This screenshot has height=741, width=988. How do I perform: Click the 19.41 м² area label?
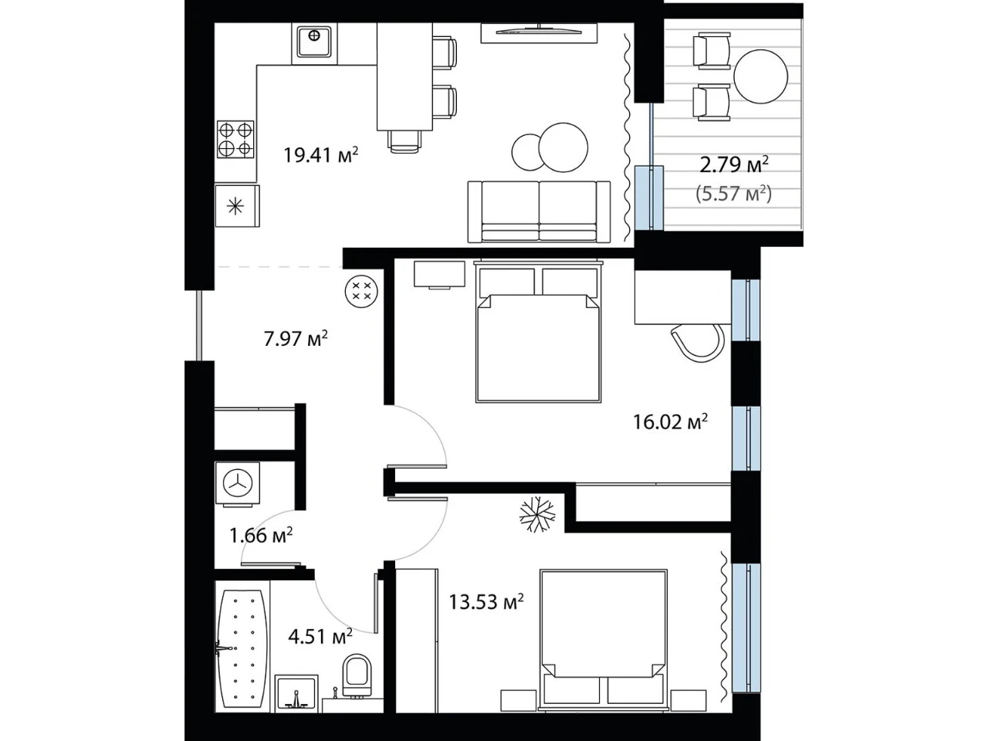click(x=320, y=155)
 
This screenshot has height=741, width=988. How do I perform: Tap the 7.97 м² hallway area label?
click(x=296, y=338)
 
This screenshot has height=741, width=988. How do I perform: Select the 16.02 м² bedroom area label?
click(x=670, y=421)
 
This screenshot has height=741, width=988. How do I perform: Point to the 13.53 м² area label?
click(x=486, y=601)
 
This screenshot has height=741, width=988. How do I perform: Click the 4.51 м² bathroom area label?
click(x=320, y=636)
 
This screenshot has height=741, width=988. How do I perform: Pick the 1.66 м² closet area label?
click(x=261, y=535)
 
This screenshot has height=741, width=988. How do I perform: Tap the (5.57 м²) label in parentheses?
click(x=734, y=194)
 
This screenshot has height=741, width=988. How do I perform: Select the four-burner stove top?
click(x=235, y=139)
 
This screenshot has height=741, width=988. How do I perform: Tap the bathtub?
click(x=242, y=648)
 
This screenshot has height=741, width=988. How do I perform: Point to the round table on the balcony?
click(x=761, y=76)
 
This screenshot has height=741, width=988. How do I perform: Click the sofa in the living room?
click(x=540, y=211)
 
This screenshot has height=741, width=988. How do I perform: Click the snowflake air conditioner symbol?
click(x=537, y=514)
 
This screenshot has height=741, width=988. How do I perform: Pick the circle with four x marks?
click(x=361, y=291)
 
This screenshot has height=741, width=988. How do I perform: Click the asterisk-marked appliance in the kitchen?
click(x=237, y=207)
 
